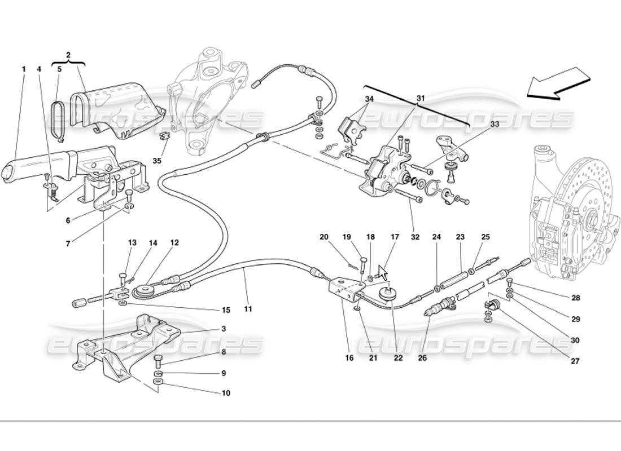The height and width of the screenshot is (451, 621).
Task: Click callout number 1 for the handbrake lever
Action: pyautogui.click(x=24, y=69)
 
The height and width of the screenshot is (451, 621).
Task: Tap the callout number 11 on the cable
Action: pyautogui.click(x=248, y=309)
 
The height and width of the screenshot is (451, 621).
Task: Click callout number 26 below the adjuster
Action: pyautogui.click(x=422, y=357)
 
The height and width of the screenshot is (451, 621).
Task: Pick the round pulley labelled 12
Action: pyautogui.click(x=145, y=290)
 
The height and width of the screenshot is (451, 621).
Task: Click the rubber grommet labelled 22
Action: pyautogui.click(x=387, y=293)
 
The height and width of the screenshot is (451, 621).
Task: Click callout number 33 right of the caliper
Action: pyautogui.click(x=495, y=123)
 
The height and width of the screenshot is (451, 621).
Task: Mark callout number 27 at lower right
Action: pyautogui.click(x=574, y=361)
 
